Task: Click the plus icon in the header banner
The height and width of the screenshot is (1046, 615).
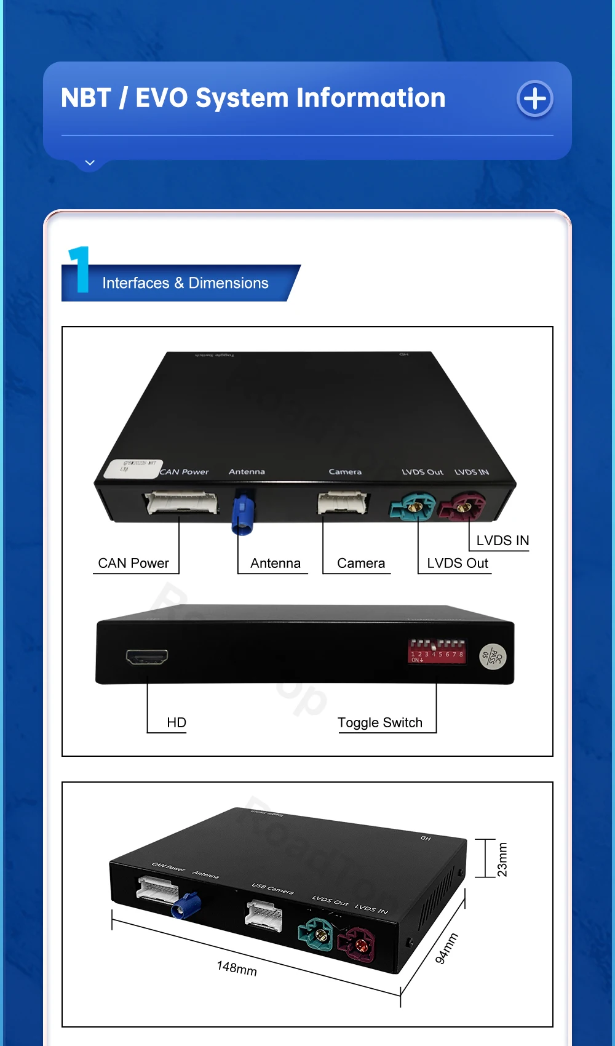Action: [x=534, y=98]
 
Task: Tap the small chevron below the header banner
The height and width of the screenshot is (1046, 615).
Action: [x=90, y=163]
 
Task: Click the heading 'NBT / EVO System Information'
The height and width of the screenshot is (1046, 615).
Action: [x=253, y=98]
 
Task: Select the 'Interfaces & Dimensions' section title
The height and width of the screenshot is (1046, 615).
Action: [x=185, y=283]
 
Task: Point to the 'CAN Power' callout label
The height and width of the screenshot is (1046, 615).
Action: [x=133, y=563]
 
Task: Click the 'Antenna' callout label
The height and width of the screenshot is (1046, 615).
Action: [x=276, y=563]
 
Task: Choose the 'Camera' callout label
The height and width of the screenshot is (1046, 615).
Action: [x=361, y=563]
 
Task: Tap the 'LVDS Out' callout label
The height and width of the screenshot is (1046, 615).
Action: [x=458, y=563]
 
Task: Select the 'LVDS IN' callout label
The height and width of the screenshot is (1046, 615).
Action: [x=502, y=540]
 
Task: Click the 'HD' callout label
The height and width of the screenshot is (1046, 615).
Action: [x=177, y=722]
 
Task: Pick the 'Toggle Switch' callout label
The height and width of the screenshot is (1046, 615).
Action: [x=380, y=722]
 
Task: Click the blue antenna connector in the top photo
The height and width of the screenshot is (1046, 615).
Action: [x=243, y=513]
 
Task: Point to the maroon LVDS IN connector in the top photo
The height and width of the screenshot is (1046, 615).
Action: [x=462, y=506]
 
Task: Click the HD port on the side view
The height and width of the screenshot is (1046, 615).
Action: [x=147, y=657]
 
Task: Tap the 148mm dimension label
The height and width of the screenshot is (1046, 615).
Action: [x=237, y=968]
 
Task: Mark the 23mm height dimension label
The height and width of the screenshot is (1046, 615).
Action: [x=502, y=859]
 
